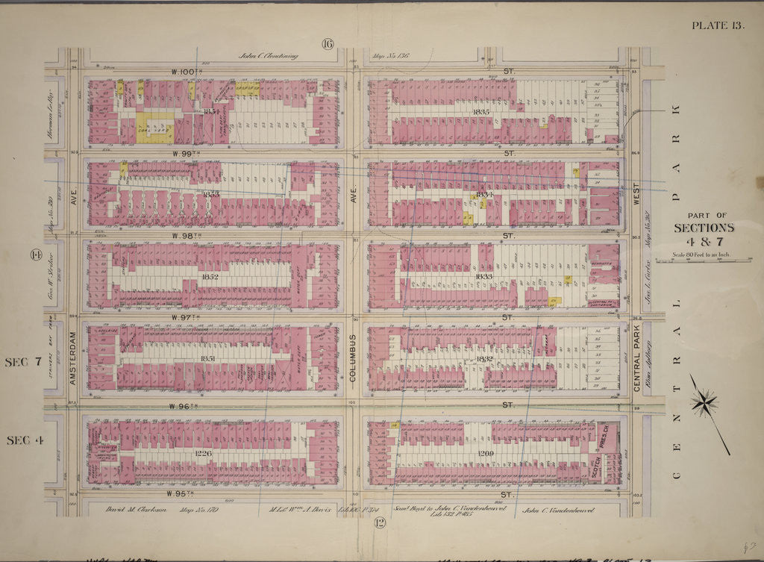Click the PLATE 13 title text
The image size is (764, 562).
coord(717,25)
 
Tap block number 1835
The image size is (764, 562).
coord(479,112)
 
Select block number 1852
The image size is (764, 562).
coord(210,277)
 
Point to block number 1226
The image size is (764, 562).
coord(204,453)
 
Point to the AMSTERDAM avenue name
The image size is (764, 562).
coord(73,358)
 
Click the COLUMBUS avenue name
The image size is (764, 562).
coord(354,358)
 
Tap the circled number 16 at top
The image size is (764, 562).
coord(327,44)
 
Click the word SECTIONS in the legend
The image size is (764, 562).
coord(704,228)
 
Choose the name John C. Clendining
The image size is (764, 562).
coord(269,55)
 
